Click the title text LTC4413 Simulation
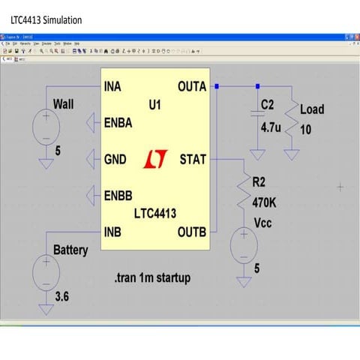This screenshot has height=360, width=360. tap(46, 19)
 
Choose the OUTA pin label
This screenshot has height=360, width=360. tap(192, 87)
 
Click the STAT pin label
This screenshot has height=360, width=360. tap(193, 160)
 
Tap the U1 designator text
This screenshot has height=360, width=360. tap(154, 106)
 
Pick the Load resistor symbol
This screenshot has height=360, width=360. tap(292, 120)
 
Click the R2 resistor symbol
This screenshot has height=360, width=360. tap(244, 195)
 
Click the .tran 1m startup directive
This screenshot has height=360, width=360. tap(153, 277)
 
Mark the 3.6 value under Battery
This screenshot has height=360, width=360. tap(62, 298)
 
